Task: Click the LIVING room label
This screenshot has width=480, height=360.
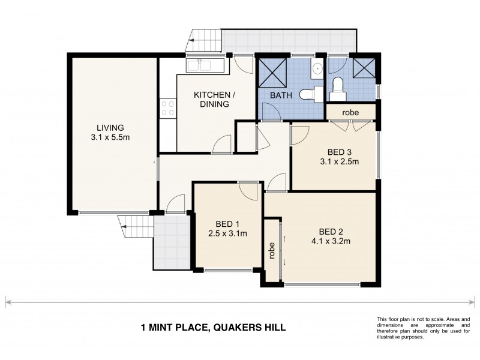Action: pyautogui.click(x=110, y=127)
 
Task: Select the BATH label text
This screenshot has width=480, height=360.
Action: pyautogui.click(x=281, y=95)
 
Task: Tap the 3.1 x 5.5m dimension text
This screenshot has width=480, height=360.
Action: pyautogui.click(x=110, y=137)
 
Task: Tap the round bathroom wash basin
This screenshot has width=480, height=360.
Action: pyautogui.click(x=317, y=68)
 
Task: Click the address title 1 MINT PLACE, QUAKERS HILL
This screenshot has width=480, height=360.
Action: pyautogui.click(x=212, y=327)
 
